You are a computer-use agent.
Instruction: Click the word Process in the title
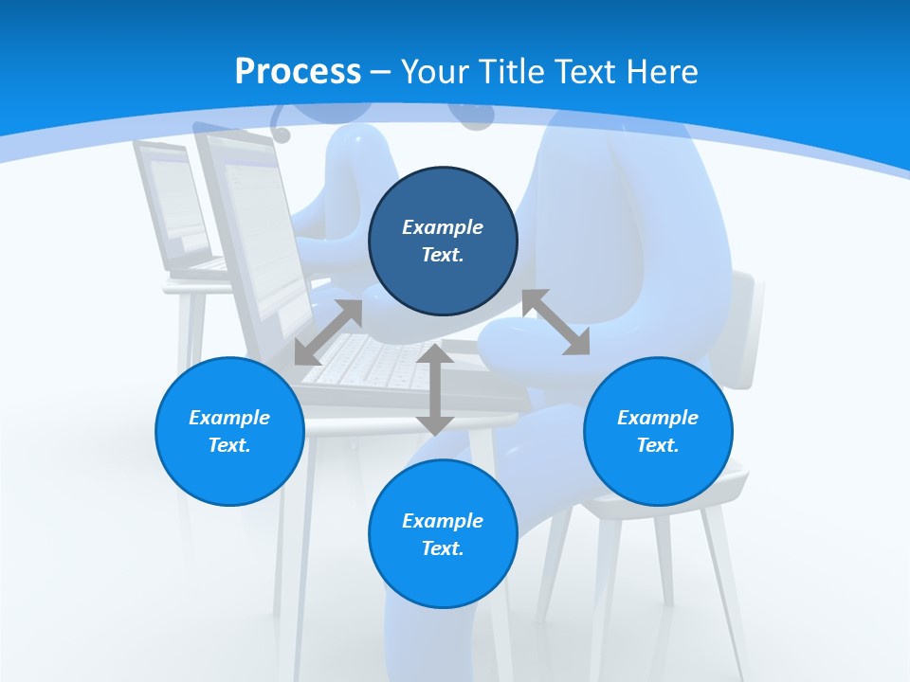point(298,72)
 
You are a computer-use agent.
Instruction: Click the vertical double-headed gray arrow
point(435,390)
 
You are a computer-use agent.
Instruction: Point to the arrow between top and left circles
point(328,332)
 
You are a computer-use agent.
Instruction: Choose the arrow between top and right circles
point(555,322)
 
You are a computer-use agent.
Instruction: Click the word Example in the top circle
point(443,227)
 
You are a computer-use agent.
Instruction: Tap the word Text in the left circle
point(229,445)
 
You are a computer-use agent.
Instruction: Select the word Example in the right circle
point(658,418)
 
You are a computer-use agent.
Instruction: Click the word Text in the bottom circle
point(443,548)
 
